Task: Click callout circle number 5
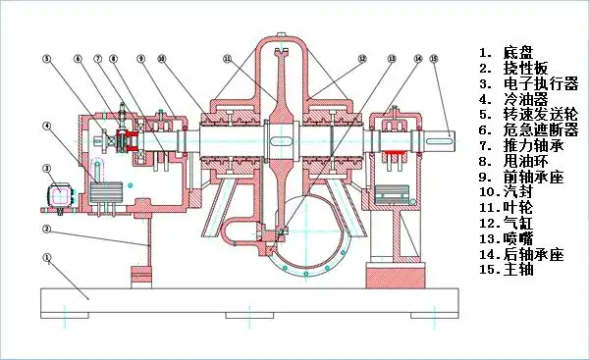(x=46, y=59)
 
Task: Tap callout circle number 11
(x=228, y=59)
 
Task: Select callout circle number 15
(x=434, y=59)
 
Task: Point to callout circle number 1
(x=46, y=258)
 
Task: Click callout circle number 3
(x=46, y=169)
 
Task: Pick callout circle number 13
(x=392, y=59)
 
